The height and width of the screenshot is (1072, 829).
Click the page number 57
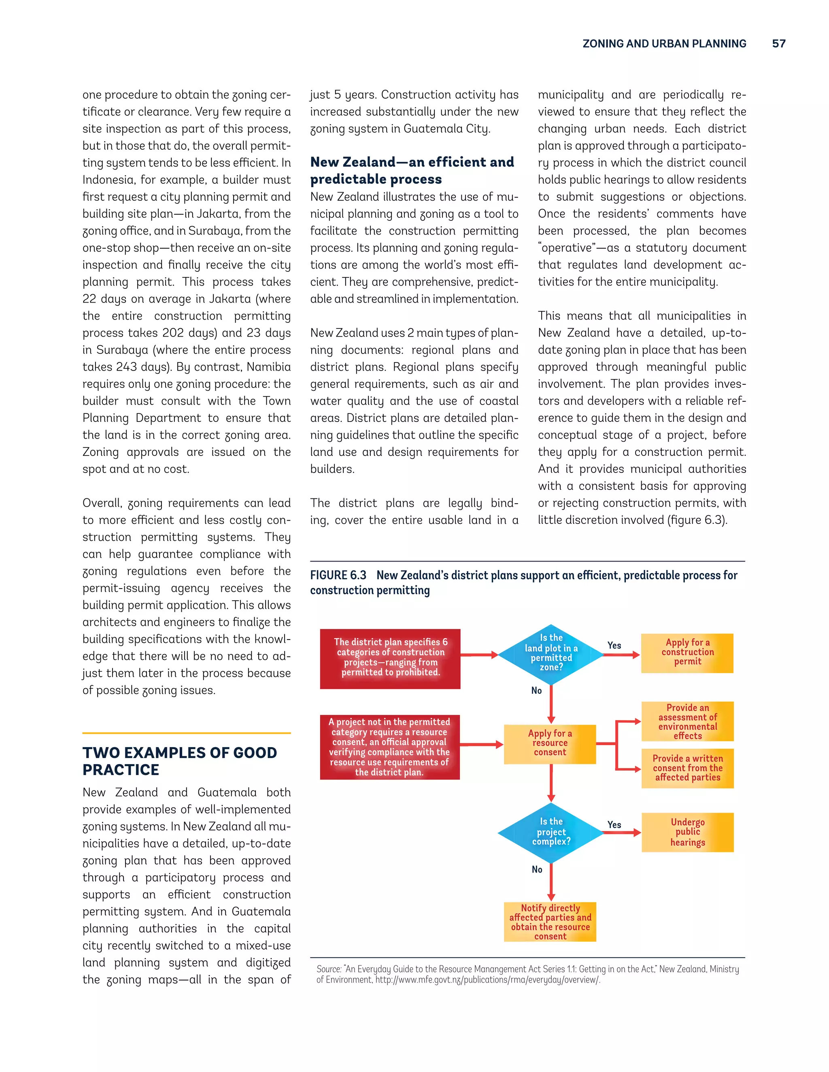click(x=778, y=44)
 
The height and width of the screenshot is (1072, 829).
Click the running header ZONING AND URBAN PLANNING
click(x=664, y=44)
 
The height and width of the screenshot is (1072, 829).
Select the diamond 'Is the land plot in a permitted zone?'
click(x=551, y=653)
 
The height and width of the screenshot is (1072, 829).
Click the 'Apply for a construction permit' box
click(x=687, y=653)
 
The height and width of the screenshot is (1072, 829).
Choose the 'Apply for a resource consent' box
click(x=550, y=743)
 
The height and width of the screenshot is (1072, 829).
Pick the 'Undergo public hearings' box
click(x=687, y=832)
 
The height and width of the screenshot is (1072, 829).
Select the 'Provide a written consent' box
click(x=687, y=768)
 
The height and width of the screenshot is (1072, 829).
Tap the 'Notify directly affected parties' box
click(x=550, y=922)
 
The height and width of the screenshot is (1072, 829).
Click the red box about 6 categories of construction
click(x=390, y=658)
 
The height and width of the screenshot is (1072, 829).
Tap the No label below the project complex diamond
click(x=537, y=869)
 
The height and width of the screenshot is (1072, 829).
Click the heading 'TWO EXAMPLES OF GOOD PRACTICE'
click(x=179, y=761)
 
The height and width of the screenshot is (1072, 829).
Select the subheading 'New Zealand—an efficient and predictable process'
click(x=412, y=170)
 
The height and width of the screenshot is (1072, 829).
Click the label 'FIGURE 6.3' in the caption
click(x=338, y=575)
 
